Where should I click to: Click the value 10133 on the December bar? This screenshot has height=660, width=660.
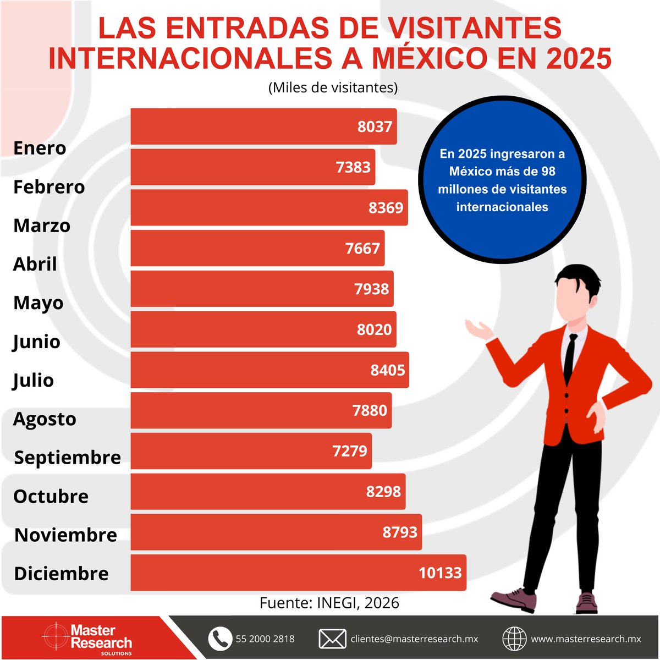point(440,573)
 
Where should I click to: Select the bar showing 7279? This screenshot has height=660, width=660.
point(251,451)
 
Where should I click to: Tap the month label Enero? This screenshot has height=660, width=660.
point(40,148)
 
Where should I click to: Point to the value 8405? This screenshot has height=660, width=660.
point(387,370)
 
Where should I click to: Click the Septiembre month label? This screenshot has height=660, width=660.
point(67,458)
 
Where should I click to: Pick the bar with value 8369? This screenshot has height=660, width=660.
point(269,207)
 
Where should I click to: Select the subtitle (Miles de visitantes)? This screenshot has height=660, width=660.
point(333,87)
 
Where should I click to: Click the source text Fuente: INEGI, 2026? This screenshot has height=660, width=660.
point(329,603)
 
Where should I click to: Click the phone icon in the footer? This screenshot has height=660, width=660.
point(220,639)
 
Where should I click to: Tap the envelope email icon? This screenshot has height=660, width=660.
point(332,639)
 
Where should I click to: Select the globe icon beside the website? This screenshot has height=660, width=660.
point(514,639)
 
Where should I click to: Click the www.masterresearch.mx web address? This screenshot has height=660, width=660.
point(586,639)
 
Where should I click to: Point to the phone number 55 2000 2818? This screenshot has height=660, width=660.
point(265,639)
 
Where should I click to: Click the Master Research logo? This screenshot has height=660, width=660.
point(88,638)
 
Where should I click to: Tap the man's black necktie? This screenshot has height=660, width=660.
point(570,358)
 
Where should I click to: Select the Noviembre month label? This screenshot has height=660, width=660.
point(65,535)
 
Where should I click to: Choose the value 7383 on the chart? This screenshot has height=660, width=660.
point(353,167)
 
